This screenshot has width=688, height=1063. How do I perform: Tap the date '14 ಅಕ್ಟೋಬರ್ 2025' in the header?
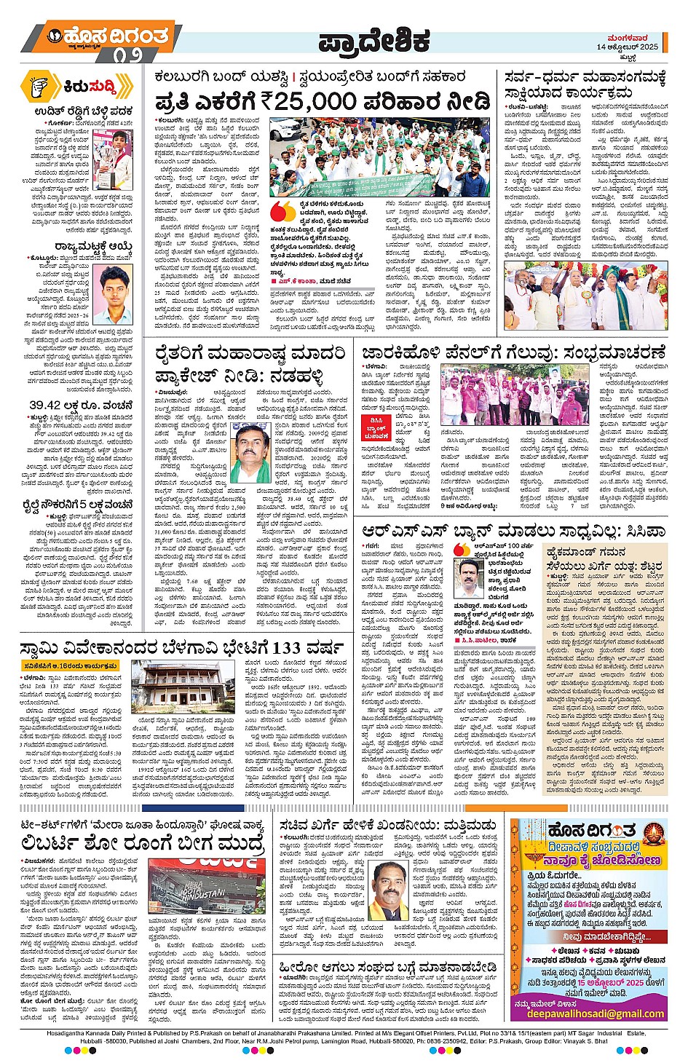[627, 47]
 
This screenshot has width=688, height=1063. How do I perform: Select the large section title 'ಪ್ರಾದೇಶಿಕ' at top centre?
[375, 42]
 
